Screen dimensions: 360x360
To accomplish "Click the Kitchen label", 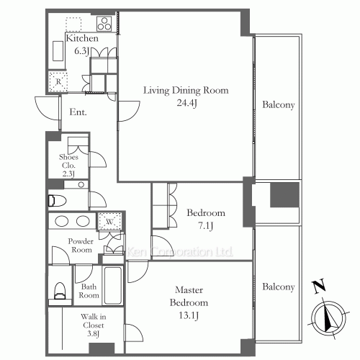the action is pyautogui.click(x=82, y=38).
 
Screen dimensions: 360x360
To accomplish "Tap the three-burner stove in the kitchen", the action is pyautogui.click(x=104, y=24).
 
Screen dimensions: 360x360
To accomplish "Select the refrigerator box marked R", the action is pyautogui.click(x=58, y=81).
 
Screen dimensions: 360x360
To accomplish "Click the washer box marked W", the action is pyautogui.click(x=109, y=221).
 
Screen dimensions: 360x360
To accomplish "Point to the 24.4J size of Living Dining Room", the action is pyautogui.click(x=187, y=103).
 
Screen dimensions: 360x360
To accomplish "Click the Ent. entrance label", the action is pyautogui.click(x=78, y=112).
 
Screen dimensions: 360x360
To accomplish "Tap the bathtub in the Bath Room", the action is pyautogui.click(x=112, y=285).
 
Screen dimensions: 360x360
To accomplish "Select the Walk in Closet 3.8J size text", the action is pyautogui.click(x=94, y=333).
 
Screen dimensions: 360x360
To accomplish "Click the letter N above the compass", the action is pyautogui.click(x=319, y=286).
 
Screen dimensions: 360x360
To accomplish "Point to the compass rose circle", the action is pyautogui.click(x=328, y=318).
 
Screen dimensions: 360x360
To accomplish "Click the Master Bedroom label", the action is pyautogui.click(x=189, y=296).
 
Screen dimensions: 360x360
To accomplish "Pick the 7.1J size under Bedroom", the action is pyautogui.click(x=205, y=226).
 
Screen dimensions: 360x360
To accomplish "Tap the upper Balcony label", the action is pyautogui.click(x=279, y=104).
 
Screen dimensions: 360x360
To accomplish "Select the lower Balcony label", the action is pyautogui.click(x=279, y=287).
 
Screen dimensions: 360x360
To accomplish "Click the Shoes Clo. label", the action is pyautogui.click(x=68, y=161).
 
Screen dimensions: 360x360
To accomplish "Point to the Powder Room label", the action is pyautogui.click(x=81, y=246).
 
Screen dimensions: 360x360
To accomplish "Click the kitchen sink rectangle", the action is pyautogui.click(x=58, y=51).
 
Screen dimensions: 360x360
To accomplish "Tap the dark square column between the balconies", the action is pyautogui.click(x=285, y=194).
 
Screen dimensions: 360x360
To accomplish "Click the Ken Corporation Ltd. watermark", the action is pyautogui.click(x=179, y=251).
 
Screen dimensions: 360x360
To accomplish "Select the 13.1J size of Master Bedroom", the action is pyautogui.click(x=189, y=315).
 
